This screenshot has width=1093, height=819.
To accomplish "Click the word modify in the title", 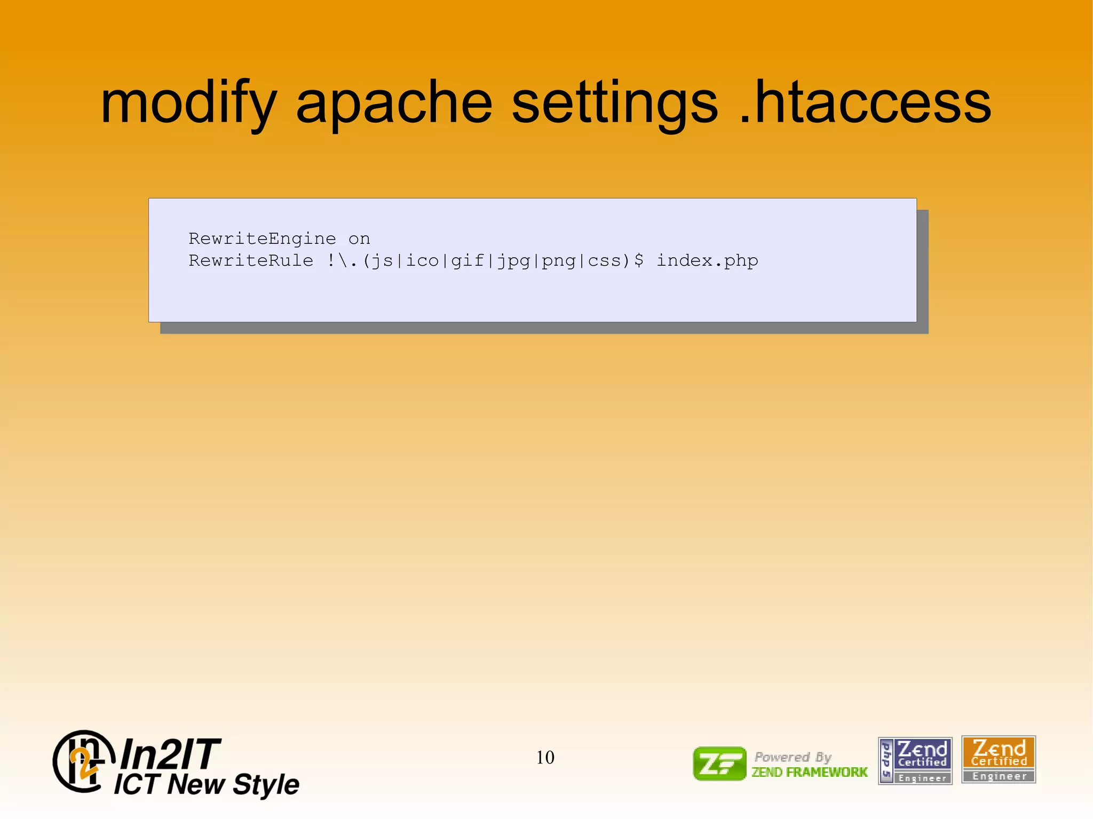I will (188, 102).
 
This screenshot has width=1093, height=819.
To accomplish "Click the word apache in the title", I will (394, 102).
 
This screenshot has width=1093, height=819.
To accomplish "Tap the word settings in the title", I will (615, 102).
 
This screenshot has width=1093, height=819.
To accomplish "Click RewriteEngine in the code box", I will (262, 238).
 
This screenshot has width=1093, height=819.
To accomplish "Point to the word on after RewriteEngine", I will (359, 238).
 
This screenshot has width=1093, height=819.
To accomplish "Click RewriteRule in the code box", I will (251, 260).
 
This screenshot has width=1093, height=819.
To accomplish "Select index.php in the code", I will (707, 260).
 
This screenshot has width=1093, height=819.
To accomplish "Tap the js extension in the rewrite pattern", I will (382, 260).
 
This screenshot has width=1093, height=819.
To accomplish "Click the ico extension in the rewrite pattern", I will (422, 260).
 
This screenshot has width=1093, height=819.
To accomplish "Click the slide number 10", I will (545, 757).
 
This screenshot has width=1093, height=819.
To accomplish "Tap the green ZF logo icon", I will (719, 764).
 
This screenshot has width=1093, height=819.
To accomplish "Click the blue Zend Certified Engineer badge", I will (915, 760).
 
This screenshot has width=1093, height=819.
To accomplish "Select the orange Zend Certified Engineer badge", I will (998, 759).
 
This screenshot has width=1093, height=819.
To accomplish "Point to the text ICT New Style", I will (207, 784).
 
